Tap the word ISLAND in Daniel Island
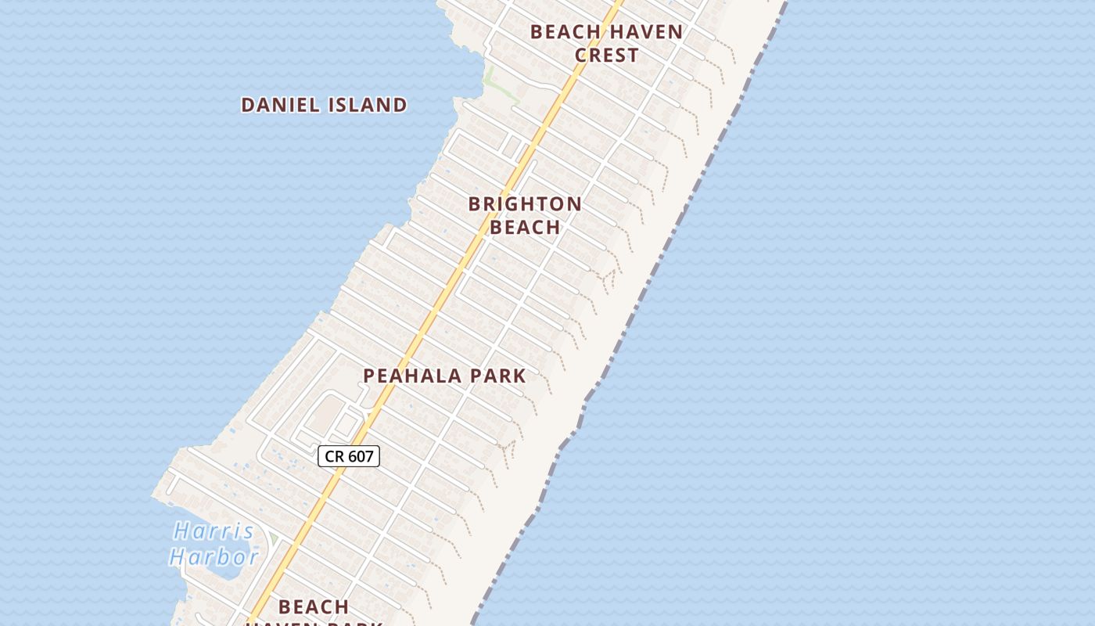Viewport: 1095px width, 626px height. [371, 105]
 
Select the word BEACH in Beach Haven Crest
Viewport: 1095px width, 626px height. [565, 32]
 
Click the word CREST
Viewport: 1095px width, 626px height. [607, 56]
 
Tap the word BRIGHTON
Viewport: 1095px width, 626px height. [525, 204]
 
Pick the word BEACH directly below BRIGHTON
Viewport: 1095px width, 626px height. [525, 228]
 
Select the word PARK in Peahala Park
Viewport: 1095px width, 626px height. [497, 376]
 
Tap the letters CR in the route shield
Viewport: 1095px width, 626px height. [335, 456]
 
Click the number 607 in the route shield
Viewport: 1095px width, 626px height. [360, 456]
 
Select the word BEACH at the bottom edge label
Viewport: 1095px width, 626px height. [314, 607]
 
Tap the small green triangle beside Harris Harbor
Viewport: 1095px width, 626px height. [275, 540]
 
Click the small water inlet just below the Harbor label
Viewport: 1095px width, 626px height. [226, 573]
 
